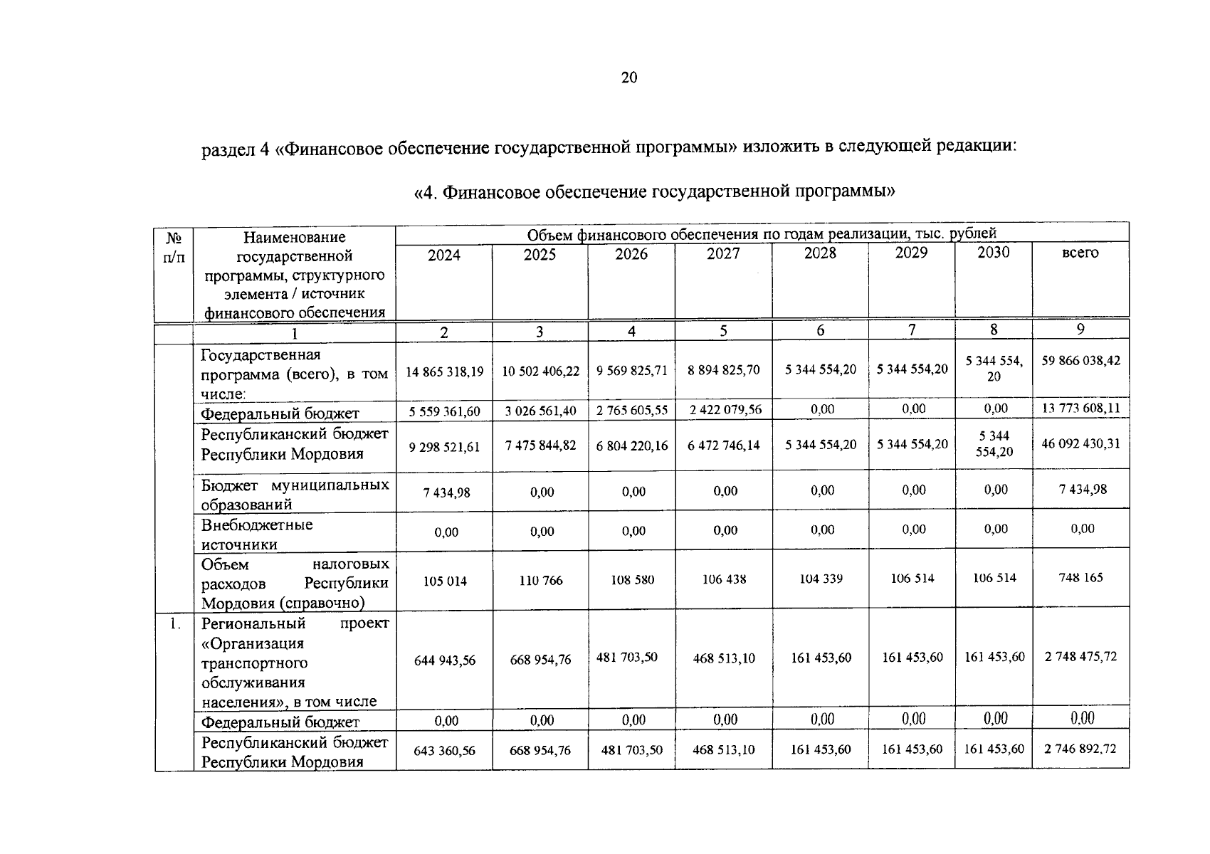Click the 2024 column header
[x=443, y=255]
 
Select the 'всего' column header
[x=1080, y=253]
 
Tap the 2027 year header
[x=723, y=254]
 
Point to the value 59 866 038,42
[x=1080, y=361]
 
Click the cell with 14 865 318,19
[x=444, y=371]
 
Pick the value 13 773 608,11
[x=1080, y=408]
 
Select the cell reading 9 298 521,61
[x=444, y=447]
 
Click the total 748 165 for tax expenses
[x=1080, y=577]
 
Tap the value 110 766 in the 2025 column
[x=541, y=581]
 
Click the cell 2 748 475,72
[x=1080, y=657]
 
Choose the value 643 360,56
[x=444, y=751]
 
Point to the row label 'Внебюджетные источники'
[x=257, y=534]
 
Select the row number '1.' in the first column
[x=174, y=624]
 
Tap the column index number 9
[x=1080, y=329]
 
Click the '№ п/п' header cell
[x=174, y=247]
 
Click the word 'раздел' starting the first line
[x=225, y=149]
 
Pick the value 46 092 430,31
[x=1080, y=443]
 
